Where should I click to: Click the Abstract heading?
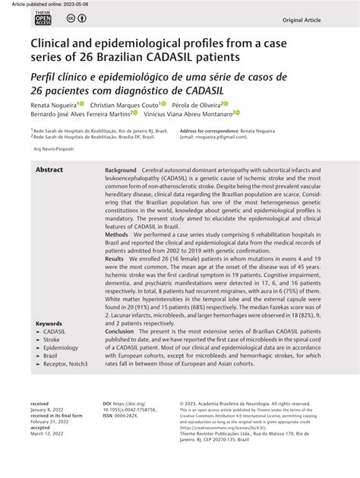49,169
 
